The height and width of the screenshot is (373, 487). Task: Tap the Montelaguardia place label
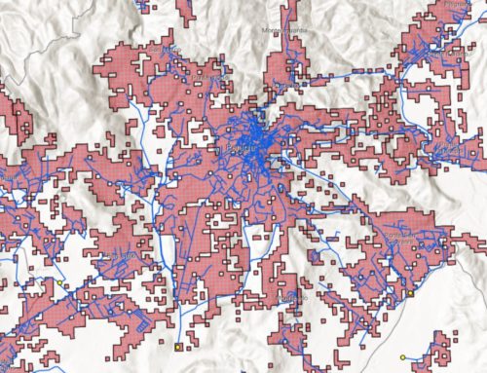click(x=284, y=31)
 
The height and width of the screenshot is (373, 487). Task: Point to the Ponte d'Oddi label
click(x=212, y=74)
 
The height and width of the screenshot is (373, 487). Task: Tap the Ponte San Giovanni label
click(x=403, y=241)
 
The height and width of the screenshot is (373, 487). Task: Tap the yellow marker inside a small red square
click(x=178, y=346)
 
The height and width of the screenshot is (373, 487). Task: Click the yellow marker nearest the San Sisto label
click(x=60, y=282)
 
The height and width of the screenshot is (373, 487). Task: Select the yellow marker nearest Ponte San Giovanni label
click(x=410, y=291)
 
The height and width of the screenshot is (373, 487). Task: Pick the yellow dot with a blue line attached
click(x=402, y=356)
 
